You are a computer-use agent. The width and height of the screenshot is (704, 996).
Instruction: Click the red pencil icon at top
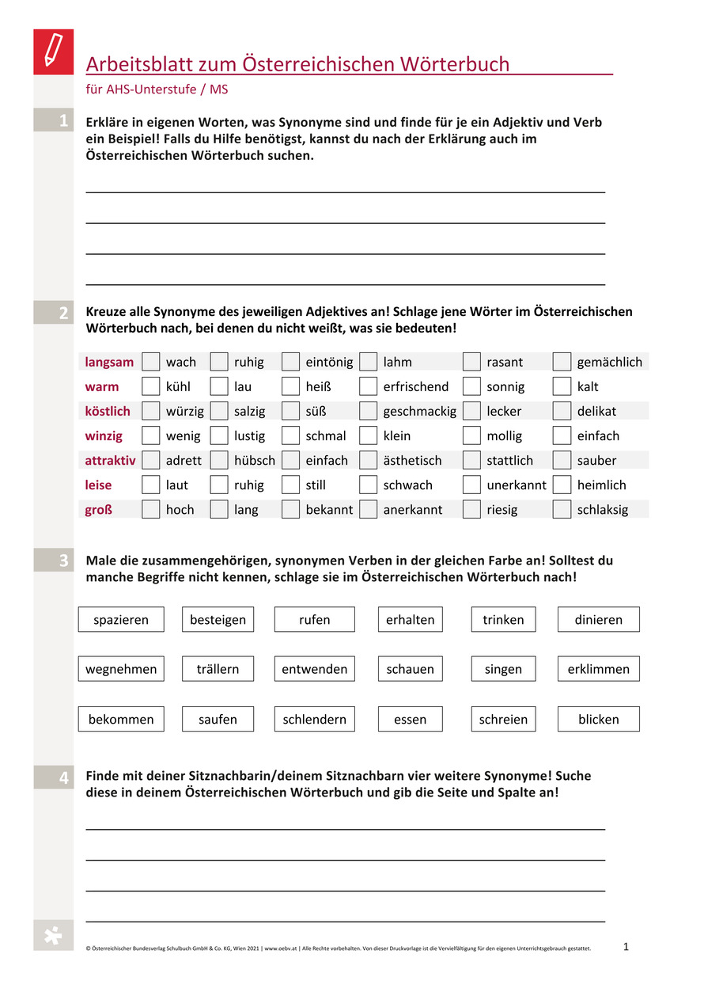[53, 51]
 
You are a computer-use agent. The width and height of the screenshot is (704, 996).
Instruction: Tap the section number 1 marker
[62, 121]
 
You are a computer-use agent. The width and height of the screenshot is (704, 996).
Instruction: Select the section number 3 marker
[62, 561]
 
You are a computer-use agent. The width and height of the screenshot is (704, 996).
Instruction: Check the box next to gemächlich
[562, 363]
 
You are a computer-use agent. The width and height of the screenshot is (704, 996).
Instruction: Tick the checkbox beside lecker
[471, 412]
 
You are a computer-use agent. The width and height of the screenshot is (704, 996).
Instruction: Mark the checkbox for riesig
[471, 510]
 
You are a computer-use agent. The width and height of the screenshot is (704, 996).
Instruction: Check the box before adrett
[150, 461]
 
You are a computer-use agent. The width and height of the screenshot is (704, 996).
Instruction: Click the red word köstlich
[108, 412]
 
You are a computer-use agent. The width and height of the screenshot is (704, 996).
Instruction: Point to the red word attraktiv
[110, 461]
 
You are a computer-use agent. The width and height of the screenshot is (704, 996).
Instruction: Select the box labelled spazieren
[121, 620]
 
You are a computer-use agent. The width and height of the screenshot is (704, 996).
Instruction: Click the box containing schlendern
[315, 720]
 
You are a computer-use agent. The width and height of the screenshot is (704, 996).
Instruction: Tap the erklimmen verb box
[599, 670]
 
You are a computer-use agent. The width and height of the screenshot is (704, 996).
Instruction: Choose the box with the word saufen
[218, 720]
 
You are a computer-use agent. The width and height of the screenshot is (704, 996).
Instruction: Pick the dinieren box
[599, 620]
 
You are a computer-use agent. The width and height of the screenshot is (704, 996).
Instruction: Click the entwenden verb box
[315, 670]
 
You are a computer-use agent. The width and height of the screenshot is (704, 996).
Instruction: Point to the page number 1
[626, 946]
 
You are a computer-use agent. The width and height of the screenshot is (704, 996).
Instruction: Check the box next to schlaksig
[562, 510]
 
